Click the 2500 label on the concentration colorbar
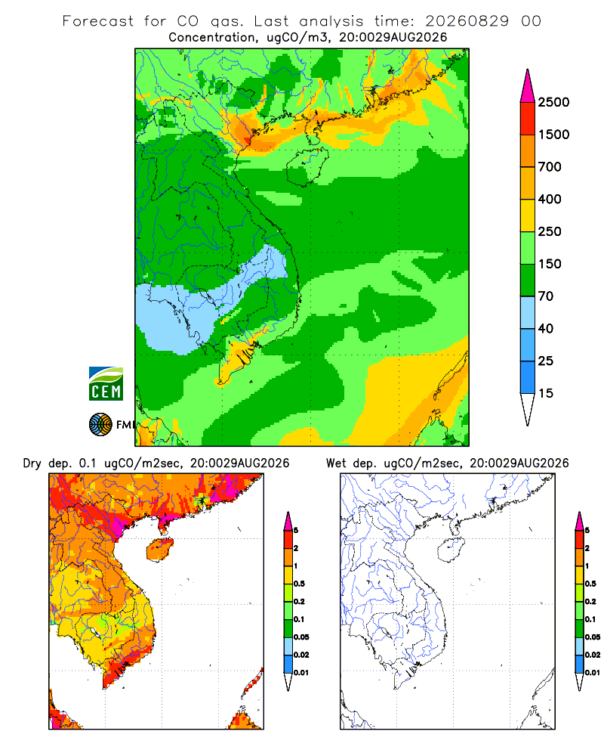pyautogui.click(x=553, y=102)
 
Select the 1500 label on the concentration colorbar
pyautogui.click(x=553, y=135)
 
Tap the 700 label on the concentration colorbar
pyautogui.click(x=550, y=167)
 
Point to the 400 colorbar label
pyautogui.click(x=550, y=199)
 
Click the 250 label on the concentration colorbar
pyautogui.click(x=550, y=231)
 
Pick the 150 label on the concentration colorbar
pyautogui.click(x=550, y=264)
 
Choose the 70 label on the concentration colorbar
pyautogui.click(x=546, y=296)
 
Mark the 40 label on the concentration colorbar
pyautogui.click(x=546, y=328)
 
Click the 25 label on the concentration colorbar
pyautogui.click(x=546, y=361)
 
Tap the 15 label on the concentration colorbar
pyautogui.click(x=546, y=393)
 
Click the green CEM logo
pyautogui.click(x=106, y=384)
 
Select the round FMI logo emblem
pyautogui.click(x=100, y=425)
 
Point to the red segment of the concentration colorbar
pyautogui.click(x=528, y=119)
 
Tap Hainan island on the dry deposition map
pyautogui.click(x=160, y=550)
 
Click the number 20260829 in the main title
pyautogui.click(x=467, y=20)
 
